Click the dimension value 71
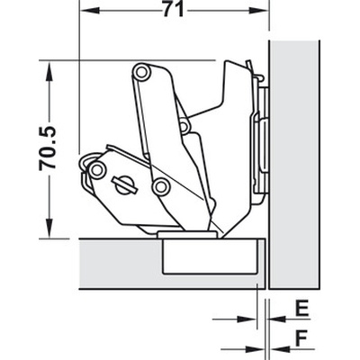point(173,10)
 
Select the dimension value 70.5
point(48,148)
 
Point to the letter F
point(301,339)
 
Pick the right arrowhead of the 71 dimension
point(257,11)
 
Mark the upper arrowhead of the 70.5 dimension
point(48,71)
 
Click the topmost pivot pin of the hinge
point(142,71)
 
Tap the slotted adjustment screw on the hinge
point(124,184)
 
